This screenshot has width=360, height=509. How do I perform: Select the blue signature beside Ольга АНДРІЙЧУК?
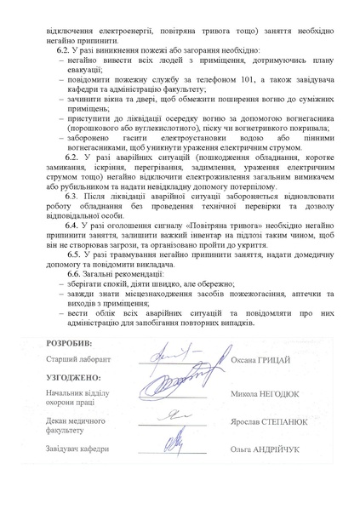click(x=175, y=443)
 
